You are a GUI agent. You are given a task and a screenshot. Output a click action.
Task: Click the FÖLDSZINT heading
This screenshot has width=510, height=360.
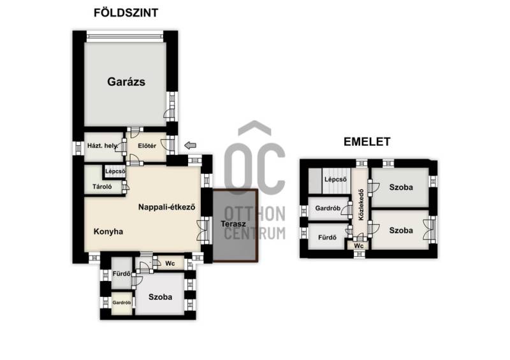coord(126,13)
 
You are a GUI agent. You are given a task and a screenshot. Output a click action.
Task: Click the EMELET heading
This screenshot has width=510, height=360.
coord(367,142)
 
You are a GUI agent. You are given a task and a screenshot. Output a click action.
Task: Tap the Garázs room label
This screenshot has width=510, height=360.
coord(126,82)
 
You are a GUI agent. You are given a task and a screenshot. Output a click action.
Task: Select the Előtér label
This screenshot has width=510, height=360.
coord(147,146)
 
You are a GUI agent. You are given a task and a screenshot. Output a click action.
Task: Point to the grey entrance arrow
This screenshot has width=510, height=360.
coord(190,145)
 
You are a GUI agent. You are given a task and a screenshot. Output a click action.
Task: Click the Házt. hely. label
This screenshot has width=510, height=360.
coord(103,146)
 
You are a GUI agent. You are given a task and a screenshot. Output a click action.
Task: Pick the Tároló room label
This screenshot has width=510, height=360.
coord(102,187)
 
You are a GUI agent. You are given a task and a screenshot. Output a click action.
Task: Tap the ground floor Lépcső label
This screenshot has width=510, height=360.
coord(115,171)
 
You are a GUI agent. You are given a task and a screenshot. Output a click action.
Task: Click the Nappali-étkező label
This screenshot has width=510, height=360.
coord(167,207)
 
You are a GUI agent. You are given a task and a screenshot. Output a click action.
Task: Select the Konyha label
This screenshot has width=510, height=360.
coord(108,231)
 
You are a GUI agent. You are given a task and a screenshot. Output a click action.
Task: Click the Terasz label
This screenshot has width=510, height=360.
coord(233,224)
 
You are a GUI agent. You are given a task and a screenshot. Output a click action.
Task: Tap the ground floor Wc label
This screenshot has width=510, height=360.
coord(170,263)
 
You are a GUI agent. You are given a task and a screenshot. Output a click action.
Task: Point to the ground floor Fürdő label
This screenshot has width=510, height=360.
coord(122,274)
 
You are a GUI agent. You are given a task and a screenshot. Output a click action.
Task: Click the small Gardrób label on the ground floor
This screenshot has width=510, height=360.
coord(122,303)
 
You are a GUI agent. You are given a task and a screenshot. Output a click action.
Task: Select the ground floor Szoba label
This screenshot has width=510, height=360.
coord(161,297)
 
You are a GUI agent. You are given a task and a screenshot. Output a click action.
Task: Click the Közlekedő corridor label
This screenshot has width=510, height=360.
coord(361,205)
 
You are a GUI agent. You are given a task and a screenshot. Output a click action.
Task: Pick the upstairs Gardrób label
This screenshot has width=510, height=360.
coord(328,208)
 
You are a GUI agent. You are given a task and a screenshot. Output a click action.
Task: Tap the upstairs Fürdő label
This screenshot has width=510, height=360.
coord(327,238)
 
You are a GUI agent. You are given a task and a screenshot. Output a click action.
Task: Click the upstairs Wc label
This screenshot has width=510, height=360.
coord(359,246)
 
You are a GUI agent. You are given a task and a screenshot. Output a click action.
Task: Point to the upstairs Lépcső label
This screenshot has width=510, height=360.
coord(336,179)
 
